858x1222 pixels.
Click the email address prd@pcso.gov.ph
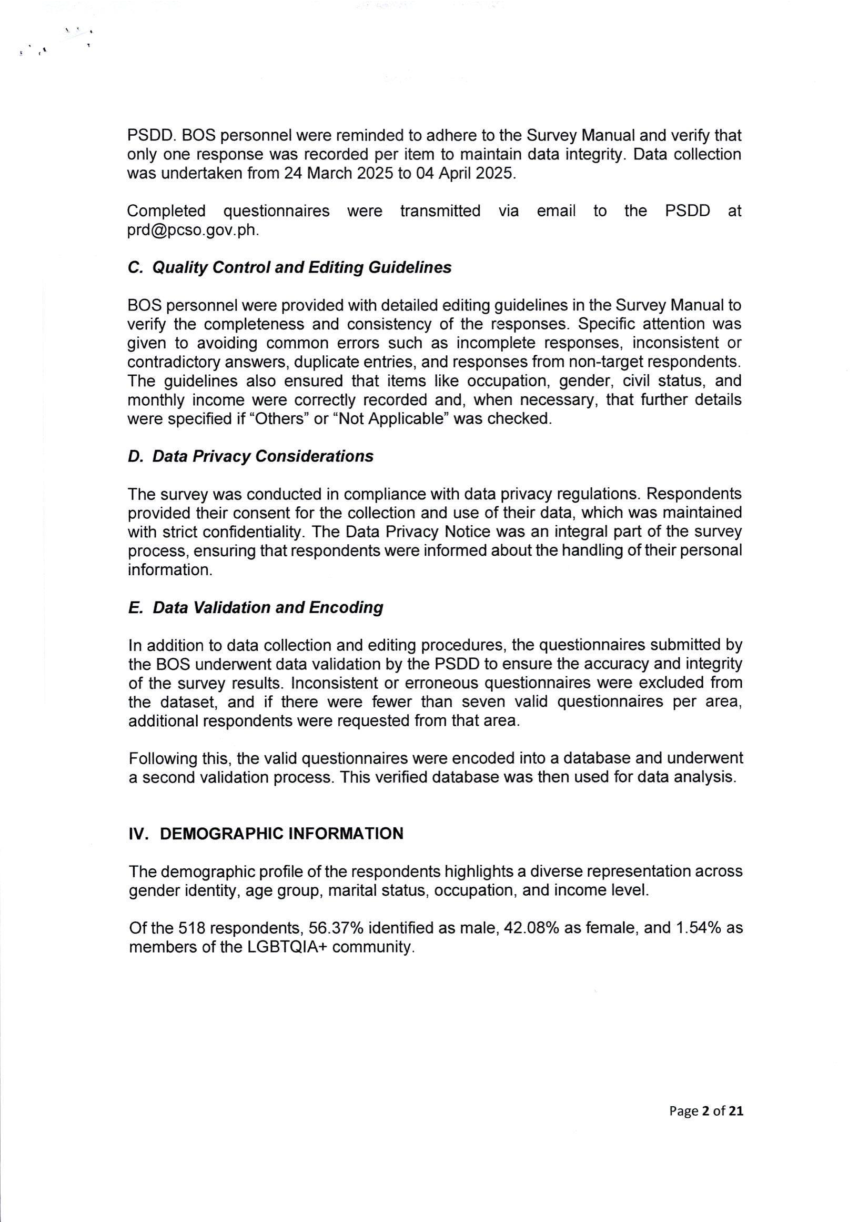pyautogui.click(x=193, y=231)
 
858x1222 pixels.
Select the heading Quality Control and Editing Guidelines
pyautogui.click(x=289, y=268)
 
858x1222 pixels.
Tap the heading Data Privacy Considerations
pyautogui.click(x=250, y=457)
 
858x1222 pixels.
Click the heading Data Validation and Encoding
pyautogui.click(x=255, y=608)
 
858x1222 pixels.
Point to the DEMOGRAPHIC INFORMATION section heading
pyautogui.click(x=266, y=834)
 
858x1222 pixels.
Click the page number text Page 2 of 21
pyautogui.click(x=706, y=1111)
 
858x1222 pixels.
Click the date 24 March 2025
pyautogui.click(x=338, y=174)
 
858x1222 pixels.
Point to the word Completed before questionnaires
pyautogui.click(x=166, y=211)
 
